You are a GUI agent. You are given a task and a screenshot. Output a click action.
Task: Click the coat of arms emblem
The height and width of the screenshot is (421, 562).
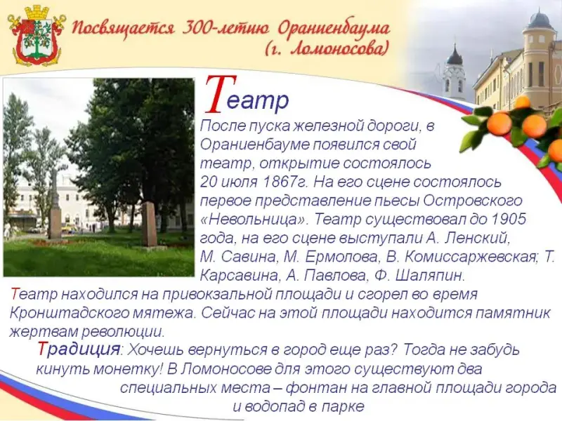(37, 35)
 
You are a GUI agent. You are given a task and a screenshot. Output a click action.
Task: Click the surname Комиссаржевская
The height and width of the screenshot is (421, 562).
(471, 257)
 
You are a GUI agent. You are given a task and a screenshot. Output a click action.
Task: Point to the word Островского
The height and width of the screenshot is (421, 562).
(472, 200)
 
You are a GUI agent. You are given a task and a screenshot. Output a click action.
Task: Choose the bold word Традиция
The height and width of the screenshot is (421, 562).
(79, 349)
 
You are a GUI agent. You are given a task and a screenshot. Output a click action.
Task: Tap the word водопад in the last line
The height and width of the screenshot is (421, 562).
(275, 406)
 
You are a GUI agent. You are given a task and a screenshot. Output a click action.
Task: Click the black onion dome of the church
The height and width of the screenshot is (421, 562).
(455, 56)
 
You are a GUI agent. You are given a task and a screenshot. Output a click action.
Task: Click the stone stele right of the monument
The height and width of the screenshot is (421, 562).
(149, 224)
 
